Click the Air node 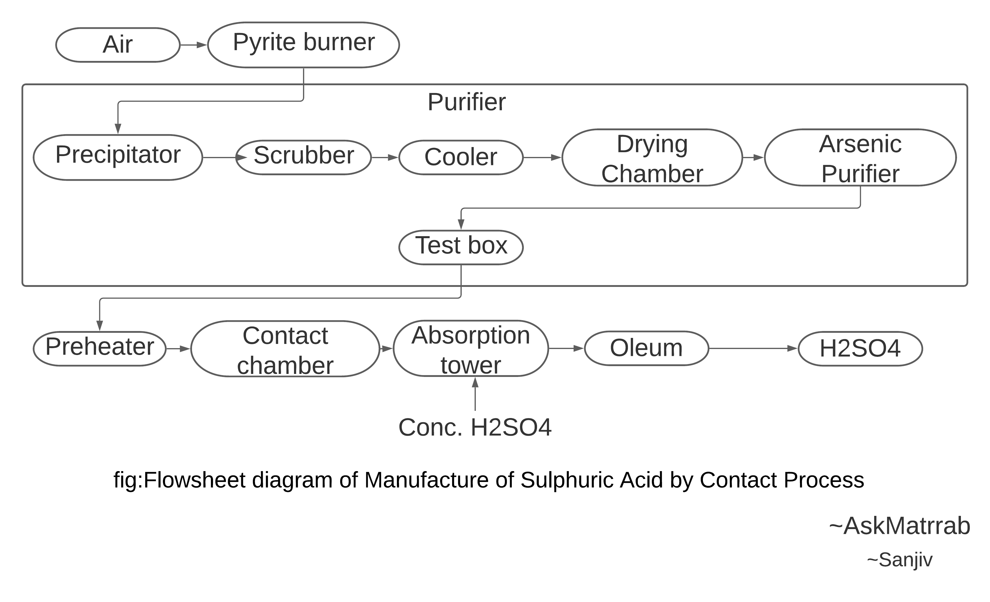pyautogui.click(x=118, y=45)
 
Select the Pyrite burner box pyautogui.click(x=303, y=45)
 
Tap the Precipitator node pyautogui.click(x=118, y=157)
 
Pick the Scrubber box pyautogui.click(x=303, y=157)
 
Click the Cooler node pyautogui.click(x=461, y=157)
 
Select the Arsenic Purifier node pyautogui.click(x=860, y=157)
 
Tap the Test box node pyautogui.click(x=461, y=247)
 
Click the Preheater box pyautogui.click(x=100, y=348)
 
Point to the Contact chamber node pyautogui.click(x=285, y=348)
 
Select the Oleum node pyautogui.click(x=646, y=348)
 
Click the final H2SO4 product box pyautogui.click(x=860, y=348)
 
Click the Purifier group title pyautogui.click(x=466, y=102)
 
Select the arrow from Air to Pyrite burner pyautogui.click(x=194, y=45)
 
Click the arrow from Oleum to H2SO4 pyautogui.click(x=753, y=348)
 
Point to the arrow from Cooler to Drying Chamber pyautogui.click(x=542, y=158)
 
